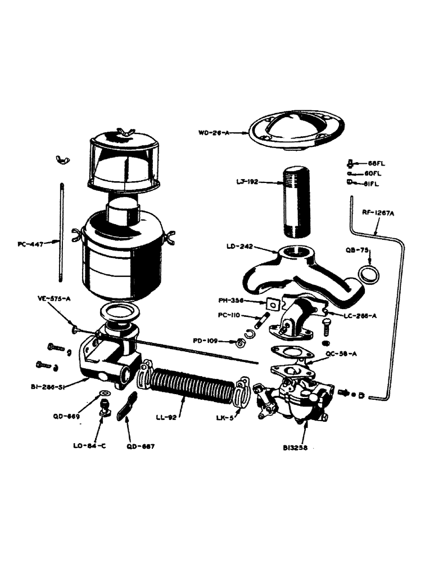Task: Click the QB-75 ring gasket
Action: (x=368, y=274)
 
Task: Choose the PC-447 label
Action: (x=31, y=244)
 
